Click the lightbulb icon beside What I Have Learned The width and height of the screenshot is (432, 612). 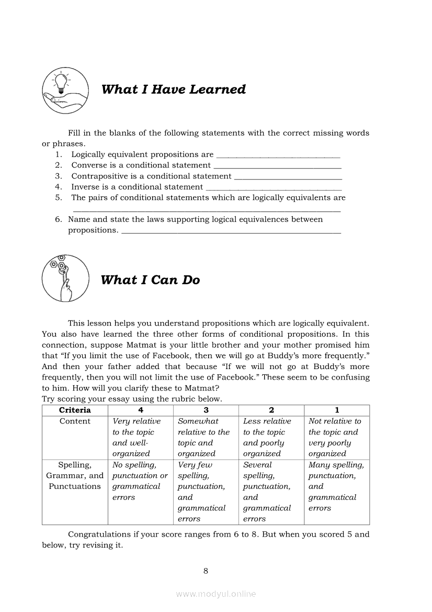65,90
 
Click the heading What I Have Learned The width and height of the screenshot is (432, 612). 173,90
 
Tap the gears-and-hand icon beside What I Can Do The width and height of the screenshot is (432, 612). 65,279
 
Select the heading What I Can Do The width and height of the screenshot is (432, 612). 150,280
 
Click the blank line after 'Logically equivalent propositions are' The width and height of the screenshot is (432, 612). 278,155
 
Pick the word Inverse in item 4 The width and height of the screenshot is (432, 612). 85,186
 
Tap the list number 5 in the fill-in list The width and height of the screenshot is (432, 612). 59,197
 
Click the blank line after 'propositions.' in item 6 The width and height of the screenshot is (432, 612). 231,231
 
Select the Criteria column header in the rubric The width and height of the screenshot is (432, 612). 75,410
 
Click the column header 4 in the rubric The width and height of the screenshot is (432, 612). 140,410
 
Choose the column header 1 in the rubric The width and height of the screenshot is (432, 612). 337,410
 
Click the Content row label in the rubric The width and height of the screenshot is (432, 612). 75,421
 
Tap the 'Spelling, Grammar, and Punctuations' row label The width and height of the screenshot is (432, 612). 75,475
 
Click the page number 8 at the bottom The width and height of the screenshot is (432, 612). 206,571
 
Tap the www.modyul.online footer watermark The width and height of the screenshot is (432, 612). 216,594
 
